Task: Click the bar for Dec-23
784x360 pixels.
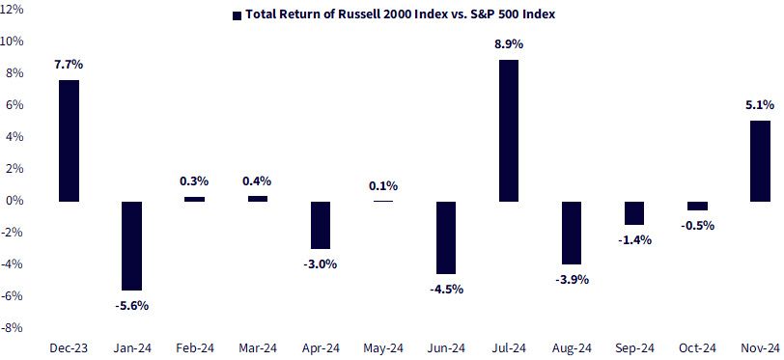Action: point(69,141)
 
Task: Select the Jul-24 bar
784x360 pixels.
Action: point(509,130)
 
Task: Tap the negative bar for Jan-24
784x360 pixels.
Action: point(132,245)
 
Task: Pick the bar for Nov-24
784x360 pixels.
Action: point(761,161)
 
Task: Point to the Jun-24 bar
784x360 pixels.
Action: point(446,237)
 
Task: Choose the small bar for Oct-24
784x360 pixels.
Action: point(697,206)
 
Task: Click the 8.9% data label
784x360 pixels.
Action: point(509,44)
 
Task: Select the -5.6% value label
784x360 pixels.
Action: point(132,306)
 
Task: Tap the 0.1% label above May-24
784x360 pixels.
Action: point(383,186)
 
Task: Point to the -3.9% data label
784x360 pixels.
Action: point(572,280)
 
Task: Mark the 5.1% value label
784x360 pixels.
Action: point(760,105)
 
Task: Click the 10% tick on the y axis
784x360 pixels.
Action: point(12,41)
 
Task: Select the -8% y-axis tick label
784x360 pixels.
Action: point(13,328)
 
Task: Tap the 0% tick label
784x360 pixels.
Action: point(16,201)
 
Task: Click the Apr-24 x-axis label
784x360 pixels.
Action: point(320,347)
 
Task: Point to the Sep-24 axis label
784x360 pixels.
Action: point(634,347)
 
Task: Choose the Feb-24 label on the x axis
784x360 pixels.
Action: point(194,347)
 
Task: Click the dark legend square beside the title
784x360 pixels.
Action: point(237,15)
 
